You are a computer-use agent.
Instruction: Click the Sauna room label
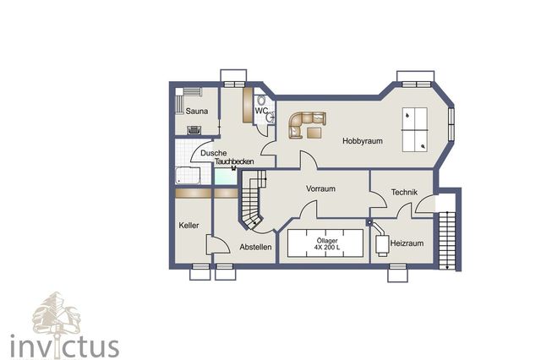pyautogui.click(x=197, y=112)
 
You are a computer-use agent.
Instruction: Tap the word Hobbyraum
pyautogui.click(x=363, y=141)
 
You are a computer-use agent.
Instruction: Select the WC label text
pyautogui.click(x=261, y=111)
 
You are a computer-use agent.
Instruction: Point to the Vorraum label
pyautogui.click(x=321, y=189)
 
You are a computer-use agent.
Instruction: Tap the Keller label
pyautogui.click(x=189, y=226)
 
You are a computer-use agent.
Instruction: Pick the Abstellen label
pyautogui.click(x=255, y=247)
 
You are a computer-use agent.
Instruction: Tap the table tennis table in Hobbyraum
pyautogui.click(x=416, y=129)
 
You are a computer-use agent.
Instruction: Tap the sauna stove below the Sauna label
pyautogui.click(x=194, y=129)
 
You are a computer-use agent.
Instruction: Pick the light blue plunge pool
pyautogui.click(x=225, y=177)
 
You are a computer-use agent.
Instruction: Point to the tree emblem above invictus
pyautogui.click(x=56, y=314)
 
